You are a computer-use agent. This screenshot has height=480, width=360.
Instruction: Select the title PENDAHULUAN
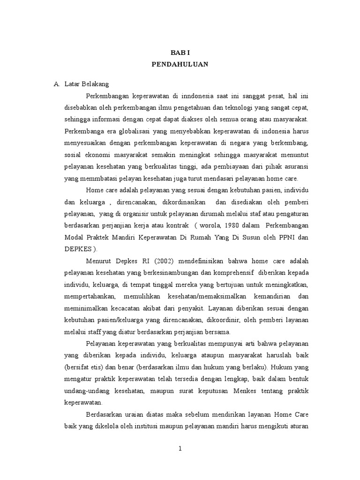point(180,65)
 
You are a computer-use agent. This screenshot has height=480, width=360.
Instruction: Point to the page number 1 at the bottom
point(180,449)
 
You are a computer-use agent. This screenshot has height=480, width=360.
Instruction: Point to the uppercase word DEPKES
point(76,249)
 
